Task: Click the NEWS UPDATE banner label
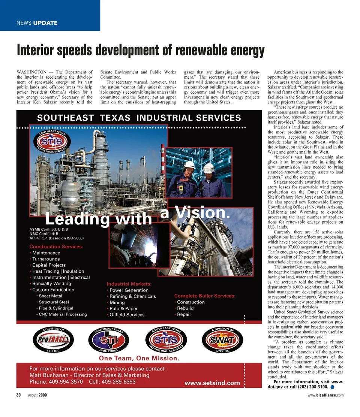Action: coord(37,23)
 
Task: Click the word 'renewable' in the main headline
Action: coord(199,50)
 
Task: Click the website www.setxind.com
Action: coord(212,383)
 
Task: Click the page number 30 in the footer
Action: coord(18,395)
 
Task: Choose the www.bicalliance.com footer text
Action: coord(325,395)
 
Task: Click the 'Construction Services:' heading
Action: coord(56,247)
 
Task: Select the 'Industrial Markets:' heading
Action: coord(129,284)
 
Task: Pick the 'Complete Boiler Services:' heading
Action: coord(205,296)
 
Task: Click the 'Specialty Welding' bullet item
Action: coord(51,284)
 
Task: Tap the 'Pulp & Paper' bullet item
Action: coord(123,308)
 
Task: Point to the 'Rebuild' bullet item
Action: coord(185,308)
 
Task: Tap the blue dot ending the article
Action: coord(333,387)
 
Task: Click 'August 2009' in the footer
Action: coord(37,395)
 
